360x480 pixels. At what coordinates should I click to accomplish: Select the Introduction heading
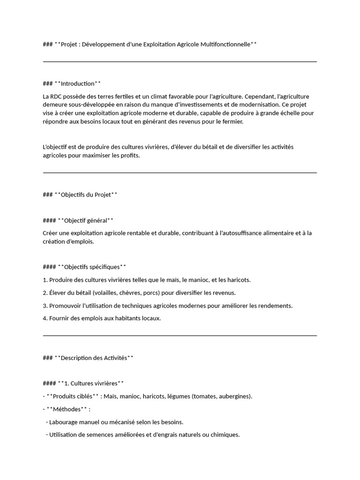point(78,83)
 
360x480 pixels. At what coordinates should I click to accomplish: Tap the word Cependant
point(259,97)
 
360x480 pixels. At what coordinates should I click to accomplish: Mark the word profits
point(130,156)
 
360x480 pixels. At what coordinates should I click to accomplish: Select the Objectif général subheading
point(85,220)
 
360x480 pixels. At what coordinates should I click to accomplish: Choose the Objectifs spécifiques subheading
point(92,267)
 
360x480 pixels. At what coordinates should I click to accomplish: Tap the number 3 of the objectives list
point(45,306)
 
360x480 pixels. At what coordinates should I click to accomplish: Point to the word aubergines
point(235,396)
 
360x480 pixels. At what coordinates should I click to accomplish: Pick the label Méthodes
point(67,409)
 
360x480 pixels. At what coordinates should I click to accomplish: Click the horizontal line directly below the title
point(180,61)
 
